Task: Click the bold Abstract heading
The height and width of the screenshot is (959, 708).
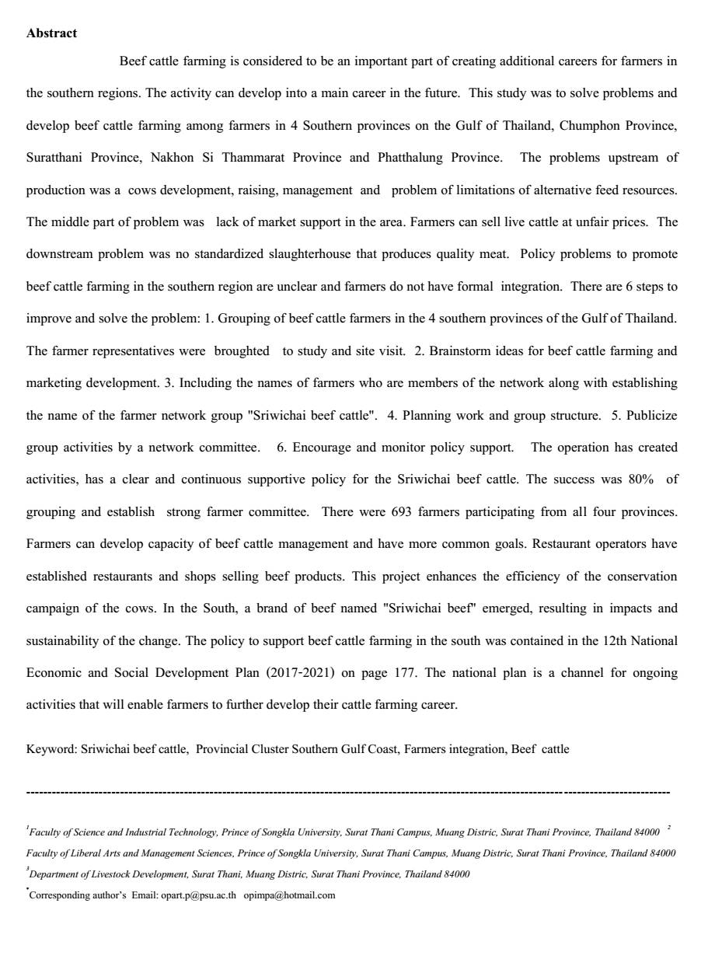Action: click(51, 33)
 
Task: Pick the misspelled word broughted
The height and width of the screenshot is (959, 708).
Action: click(242, 351)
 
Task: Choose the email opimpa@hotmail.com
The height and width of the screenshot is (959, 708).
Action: click(289, 895)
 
